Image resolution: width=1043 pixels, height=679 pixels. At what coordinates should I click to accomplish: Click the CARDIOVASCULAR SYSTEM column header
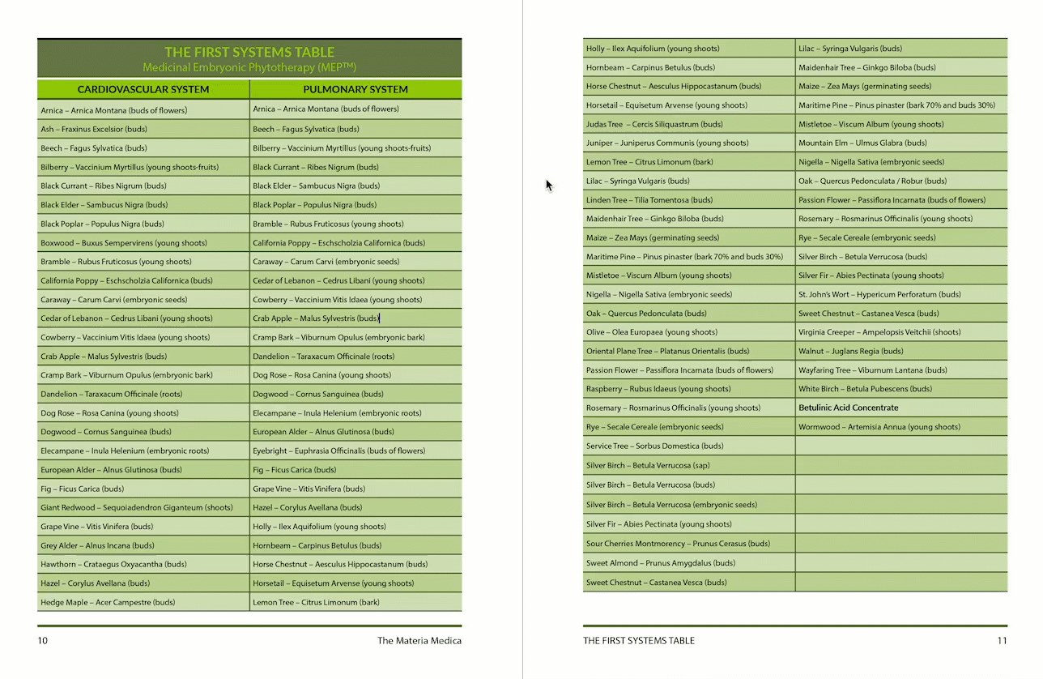(x=143, y=89)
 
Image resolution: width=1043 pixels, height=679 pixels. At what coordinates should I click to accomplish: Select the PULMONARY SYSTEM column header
(x=355, y=89)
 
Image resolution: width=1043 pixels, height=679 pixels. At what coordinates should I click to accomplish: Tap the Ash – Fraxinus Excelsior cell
(x=94, y=129)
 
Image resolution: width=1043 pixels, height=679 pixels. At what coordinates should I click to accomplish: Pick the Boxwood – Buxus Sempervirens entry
(x=124, y=243)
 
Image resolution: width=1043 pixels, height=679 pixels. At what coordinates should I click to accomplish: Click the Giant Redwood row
(x=137, y=508)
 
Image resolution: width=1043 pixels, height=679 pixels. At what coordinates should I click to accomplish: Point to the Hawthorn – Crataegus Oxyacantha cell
(x=113, y=565)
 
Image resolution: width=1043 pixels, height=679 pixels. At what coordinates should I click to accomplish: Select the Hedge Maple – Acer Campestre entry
(x=108, y=603)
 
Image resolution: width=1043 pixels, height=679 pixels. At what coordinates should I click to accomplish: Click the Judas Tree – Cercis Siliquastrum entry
(x=654, y=125)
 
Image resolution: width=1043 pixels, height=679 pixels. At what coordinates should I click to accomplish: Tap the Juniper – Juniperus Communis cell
(x=667, y=143)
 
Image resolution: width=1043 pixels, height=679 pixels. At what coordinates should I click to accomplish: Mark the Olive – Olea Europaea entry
(x=652, y=332)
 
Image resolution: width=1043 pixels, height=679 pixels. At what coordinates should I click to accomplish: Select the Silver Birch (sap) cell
(x=648, y=466)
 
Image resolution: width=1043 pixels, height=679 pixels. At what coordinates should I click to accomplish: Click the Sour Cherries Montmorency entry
(x=678, y=544)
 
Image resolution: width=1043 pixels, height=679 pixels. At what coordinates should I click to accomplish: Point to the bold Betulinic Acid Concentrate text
(x=848, y=408)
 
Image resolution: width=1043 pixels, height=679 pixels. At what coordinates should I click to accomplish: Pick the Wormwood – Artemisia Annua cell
(x=879, y=427)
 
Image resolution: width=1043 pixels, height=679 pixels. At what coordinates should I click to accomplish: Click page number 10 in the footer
(x=43, y=641)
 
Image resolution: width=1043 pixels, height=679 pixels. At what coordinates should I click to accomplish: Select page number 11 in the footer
(x=1002, y=641)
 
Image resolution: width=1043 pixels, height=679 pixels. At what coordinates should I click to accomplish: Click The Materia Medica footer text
(x=419, y=641)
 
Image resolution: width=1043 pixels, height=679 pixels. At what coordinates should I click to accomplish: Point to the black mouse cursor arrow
(x=548, y=185)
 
